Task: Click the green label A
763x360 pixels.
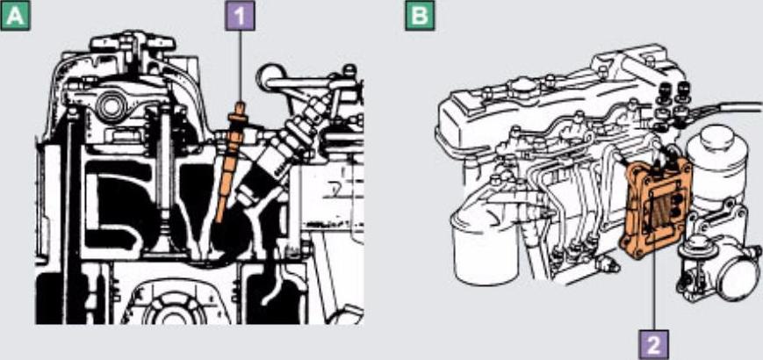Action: [15, 16]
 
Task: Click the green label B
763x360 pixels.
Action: [420, 16]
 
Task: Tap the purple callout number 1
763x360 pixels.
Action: [240, 16]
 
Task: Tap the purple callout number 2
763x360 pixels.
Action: [653, 345]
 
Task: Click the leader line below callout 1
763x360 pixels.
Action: [240, 66]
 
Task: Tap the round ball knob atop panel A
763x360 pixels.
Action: [268, 76]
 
